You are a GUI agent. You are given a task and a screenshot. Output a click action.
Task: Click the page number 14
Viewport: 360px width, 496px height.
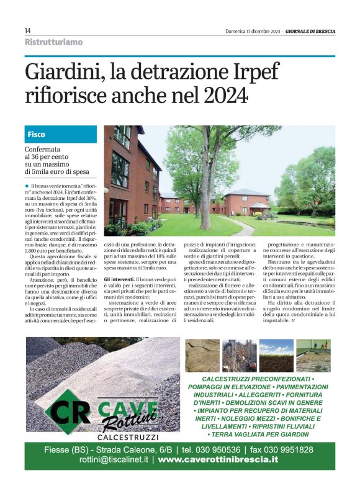29,30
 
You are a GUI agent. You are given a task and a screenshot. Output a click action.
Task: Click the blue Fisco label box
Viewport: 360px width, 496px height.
61,134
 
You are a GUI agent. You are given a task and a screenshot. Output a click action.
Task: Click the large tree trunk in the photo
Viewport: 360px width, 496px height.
205,186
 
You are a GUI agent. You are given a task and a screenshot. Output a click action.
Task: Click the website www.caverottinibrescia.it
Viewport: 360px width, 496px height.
218,459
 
